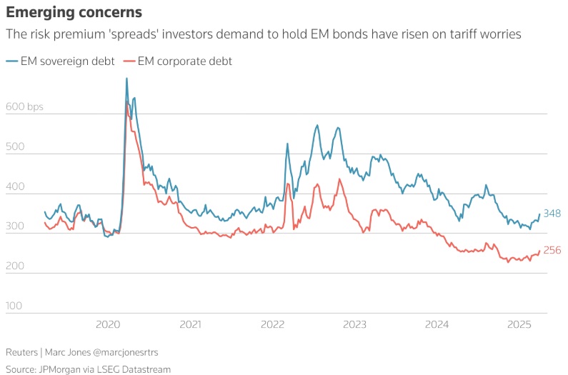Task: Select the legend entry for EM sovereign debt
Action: point(61,61)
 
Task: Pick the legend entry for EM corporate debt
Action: point(178,61)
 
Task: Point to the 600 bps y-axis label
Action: point(24,107)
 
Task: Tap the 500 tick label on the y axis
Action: point(15,147)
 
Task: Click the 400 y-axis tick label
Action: point(15,187)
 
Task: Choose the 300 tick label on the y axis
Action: point(15,226)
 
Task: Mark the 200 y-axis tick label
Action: point(15,266)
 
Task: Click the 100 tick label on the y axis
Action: point(15,306)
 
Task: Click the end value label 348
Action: point(552,214)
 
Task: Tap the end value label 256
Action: point(552,250)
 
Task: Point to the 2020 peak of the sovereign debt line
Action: point(126,79)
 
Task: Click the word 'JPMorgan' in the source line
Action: point(61,369)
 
